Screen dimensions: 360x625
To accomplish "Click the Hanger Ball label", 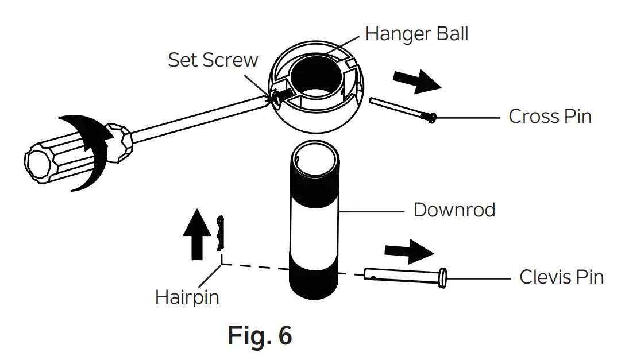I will click(x=416, y=34).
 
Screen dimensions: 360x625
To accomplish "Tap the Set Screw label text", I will click(x=213, y=60).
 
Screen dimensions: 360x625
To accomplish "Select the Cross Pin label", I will click(x=549, y=117).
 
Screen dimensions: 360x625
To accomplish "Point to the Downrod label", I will click(x=454, y=210).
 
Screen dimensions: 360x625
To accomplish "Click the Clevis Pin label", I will click(x=561, y=277).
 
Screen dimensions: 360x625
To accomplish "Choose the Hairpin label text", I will click(x=187, y=297).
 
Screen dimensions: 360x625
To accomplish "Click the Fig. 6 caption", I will click(x=260, y=335).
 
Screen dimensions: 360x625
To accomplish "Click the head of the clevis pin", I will click(x=442, y=278).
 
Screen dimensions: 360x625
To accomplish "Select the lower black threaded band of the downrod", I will click(x=314, y=284).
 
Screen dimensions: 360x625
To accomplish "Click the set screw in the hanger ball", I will click(x=278, y=98).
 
